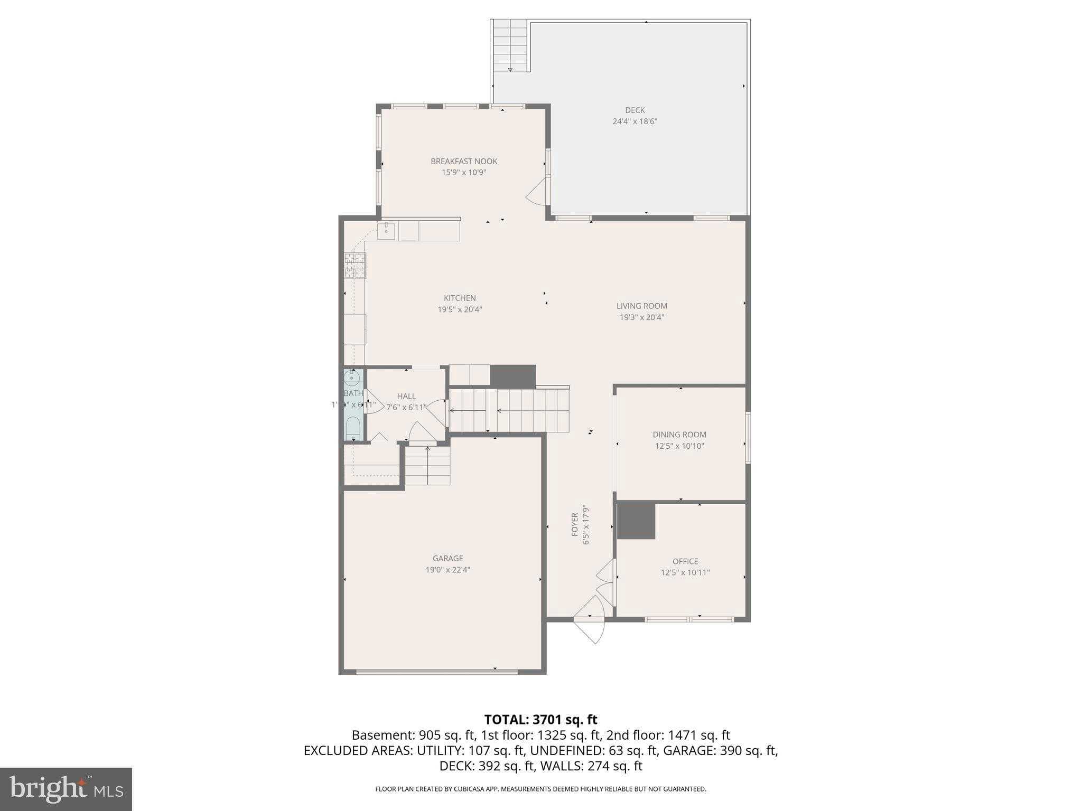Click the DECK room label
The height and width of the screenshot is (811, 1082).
[635, 110]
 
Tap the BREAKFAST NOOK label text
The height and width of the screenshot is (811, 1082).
[464, 162]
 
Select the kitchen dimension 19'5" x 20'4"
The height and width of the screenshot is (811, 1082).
[460, 310]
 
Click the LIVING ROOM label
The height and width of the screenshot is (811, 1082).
[641, 306]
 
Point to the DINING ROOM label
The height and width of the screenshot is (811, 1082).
[679, 435]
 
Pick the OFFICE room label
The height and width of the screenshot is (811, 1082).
[685, 561]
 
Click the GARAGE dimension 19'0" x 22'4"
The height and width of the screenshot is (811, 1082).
[447, 570]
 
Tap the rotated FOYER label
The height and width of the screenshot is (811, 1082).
[575, 525]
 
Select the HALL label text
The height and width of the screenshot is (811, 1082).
[406, 396]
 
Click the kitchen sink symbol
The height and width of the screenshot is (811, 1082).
[386, 231]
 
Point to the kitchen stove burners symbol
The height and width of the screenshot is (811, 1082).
[355, 266]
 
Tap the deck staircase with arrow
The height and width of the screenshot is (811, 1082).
[510, 46]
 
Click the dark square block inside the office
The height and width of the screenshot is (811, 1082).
[636, 521]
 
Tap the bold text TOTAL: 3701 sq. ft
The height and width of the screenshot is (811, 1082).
[540, 720]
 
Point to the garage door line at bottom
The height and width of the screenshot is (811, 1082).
[436, 672]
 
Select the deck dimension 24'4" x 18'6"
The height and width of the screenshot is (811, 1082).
[635, 121]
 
